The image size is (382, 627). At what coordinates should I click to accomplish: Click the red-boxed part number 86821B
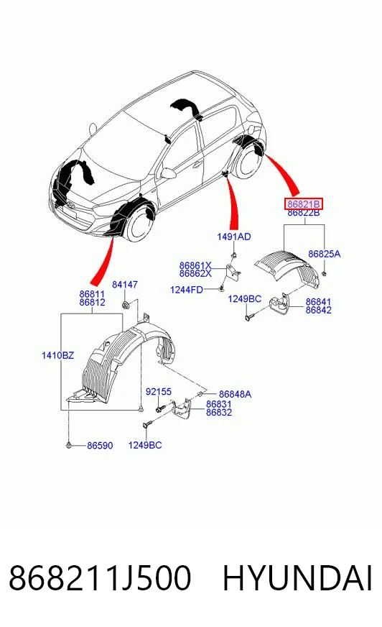(303, 204)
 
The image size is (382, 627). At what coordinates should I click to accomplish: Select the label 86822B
(303, 213)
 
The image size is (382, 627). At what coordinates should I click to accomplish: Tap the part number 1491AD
(234, 237)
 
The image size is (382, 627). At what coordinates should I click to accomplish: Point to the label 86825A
(324, 254)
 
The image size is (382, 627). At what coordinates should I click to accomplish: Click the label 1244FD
(187, 290)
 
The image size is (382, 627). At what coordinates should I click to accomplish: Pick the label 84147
(124, 284)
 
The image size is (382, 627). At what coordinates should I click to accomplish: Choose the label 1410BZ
(58, 354)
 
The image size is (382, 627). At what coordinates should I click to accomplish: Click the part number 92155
(159, 392)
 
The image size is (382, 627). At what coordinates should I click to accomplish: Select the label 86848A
(235, 394)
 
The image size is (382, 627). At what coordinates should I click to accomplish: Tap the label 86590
(100, 445)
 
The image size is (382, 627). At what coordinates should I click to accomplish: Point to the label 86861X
(195, 265)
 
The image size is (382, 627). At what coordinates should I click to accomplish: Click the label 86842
(319, 311)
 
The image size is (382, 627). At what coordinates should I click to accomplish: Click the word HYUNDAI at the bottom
(297, 578)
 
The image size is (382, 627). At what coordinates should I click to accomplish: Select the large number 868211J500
(100, 578)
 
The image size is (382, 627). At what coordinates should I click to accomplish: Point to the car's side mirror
(167, 173)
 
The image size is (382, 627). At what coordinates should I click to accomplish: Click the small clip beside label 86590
(70, 444)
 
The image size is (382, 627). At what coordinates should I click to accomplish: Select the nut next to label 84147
(125, 306)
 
